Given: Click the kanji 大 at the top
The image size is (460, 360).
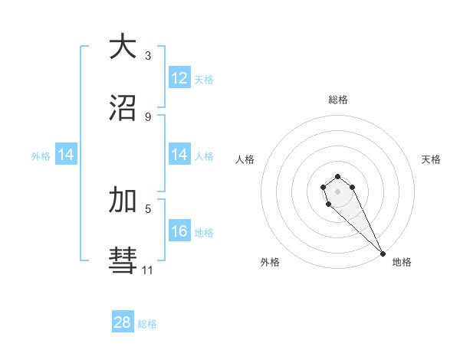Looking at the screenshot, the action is pos(122,47).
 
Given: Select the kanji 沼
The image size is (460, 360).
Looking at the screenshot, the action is pos(122,108).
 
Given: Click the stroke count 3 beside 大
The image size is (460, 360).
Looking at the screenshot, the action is pos(147,56).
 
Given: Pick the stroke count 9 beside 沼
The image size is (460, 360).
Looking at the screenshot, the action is pos(147,116).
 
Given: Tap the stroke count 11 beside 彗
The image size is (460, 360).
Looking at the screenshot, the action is pos(147,270).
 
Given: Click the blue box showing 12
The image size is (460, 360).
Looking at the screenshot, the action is pos(179,78).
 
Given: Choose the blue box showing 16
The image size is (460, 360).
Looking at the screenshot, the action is pos(179,231).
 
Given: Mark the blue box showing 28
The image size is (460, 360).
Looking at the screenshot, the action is pos(122,322).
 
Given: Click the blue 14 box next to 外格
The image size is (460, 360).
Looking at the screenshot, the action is pos(66,155).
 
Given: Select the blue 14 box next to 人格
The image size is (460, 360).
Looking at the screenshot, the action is pos(179,155).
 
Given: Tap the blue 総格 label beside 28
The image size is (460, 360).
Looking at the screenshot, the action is pos(147,324).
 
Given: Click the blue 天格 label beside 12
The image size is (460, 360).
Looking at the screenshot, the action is pos(203,80).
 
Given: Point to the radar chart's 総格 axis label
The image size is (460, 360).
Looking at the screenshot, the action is pos(338,100).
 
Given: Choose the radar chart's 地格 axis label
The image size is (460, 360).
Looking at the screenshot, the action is pos(401,262).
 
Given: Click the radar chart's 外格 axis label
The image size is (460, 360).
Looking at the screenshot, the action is pos(270,262).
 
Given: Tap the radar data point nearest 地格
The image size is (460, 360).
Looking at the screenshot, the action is pos(383,253).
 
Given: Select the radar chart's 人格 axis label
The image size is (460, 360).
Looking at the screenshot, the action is pos(245,159).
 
